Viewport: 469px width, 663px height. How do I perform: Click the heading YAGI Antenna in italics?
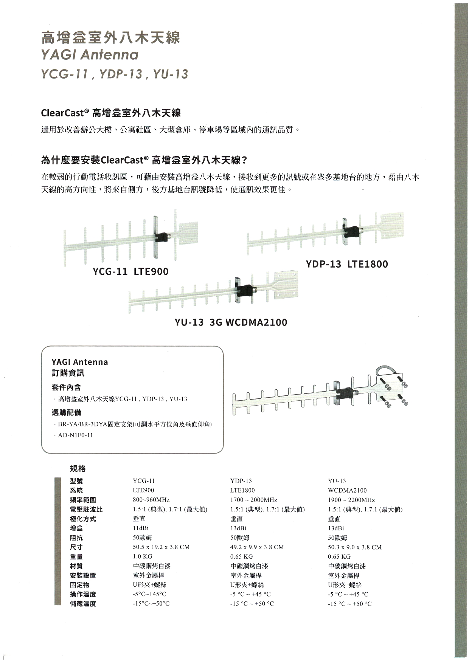[x=90, y=55]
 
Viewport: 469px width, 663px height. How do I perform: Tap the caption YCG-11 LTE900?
[x=130, y=271]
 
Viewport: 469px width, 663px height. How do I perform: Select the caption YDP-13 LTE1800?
[x=347, y=264]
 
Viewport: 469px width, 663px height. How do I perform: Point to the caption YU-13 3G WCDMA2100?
[x=231, y=322]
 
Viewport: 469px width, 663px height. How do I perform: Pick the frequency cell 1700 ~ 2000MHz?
[x=253, y=500]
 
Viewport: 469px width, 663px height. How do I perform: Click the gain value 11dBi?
[x=141, y=528]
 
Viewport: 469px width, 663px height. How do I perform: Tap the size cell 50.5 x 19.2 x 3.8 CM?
[x=161, y=547]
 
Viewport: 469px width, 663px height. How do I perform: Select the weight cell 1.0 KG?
[x=142, y=556]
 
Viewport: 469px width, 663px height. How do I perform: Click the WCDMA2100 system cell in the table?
[x=347, y=490]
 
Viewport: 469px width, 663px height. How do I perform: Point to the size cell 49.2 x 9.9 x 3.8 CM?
[x=257, y=547]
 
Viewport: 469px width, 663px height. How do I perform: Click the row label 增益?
[x=76, y=528]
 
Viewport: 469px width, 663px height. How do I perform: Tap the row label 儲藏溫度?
[x=83, y=604]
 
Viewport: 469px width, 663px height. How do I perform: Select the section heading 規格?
[x=78, y=469]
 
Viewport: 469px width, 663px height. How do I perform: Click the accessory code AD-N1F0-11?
[x=75, y=435]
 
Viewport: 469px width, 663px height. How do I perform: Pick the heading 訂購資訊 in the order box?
[x=68, y=373]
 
